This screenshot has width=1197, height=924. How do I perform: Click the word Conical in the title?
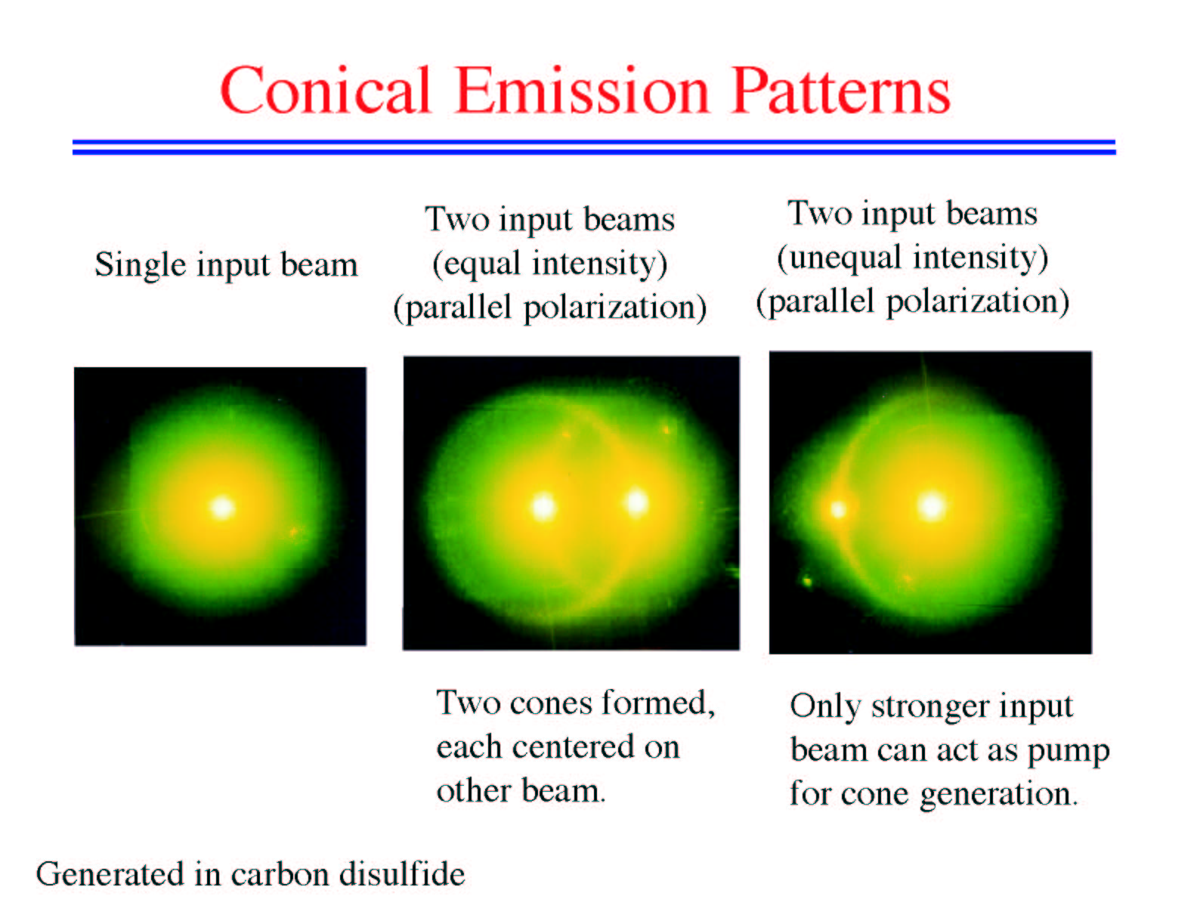pyautogui.click(x=325, y=90)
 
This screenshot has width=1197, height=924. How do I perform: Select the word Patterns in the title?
pyautogui.click(x=841, y=90)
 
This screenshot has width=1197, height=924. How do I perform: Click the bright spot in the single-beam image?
pyautogui.click(x=223, y=507)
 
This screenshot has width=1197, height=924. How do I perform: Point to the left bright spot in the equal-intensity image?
pyautogui.click(x=543, y=506)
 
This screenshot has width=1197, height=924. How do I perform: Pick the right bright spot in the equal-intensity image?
pyautogui.click(x=637, y=502)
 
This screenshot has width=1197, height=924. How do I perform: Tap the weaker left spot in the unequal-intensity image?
pyautogui.click(x=838, y=509)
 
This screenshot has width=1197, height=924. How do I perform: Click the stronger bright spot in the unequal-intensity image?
pyautogui.click(x=932, y=506)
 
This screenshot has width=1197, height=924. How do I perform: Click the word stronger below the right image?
pyautogui.click(x=931, y=707)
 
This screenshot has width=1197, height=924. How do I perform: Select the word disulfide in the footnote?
pyautogui.click(x=401, y=874)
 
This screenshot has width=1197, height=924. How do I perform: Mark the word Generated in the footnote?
pyautogui.click(x=110, y=874)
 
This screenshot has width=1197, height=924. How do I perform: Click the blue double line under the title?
pyautogui.click(x=595, y=147)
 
